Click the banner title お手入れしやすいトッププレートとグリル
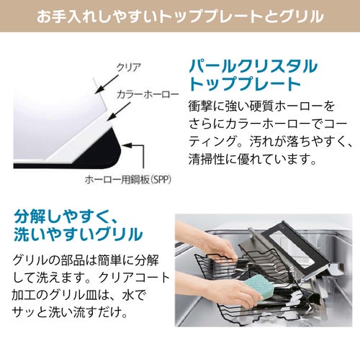click(180, 16)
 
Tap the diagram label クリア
click(129, 68)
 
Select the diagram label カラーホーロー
click(148, 95)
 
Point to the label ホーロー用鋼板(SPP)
click(128, 180)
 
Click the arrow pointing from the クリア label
click(107, 84)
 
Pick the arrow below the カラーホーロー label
click(119, 111)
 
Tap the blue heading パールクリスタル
click(253, 66)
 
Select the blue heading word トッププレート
click(245, 83)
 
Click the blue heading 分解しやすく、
click(66, 216)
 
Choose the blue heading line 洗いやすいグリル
click(78, 234)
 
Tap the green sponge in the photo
click(257, 288)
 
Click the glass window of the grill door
click(292, 250)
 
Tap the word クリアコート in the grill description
click(134, 278)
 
